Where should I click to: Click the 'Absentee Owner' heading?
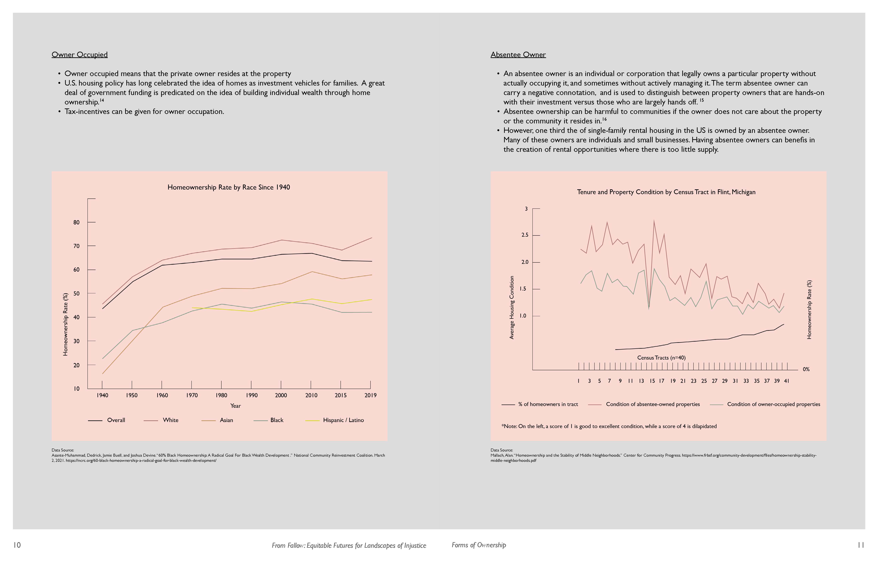pyautogui.click(x=518, y=55)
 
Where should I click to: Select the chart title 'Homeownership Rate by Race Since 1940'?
pyautogui.click(x=229, y=187)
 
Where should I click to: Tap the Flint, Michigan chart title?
pyautogui.click(x=666, y=192)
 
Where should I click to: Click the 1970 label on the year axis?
pyautogui.click(x=192, y=395)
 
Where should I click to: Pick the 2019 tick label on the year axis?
pyautogui.click(x=370, y=395)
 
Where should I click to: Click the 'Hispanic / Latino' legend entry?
pyautogui.click(x=343, y=420)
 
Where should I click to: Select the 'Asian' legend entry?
pyautogui.click(x=226, y=420)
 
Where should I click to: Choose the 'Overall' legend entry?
pyautogui.click(x=116, y=420)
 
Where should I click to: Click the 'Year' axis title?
pyautogui.click(x=235, y=406)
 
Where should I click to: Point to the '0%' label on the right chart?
pyautogui.click(x=806, y=369)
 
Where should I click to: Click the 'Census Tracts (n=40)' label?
pyautogui.click(x=661, y=358)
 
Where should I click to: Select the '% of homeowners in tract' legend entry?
pyautogui.click(x=548, y=404)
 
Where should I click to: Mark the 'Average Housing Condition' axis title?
pyautogui.click(x=512, y=307)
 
